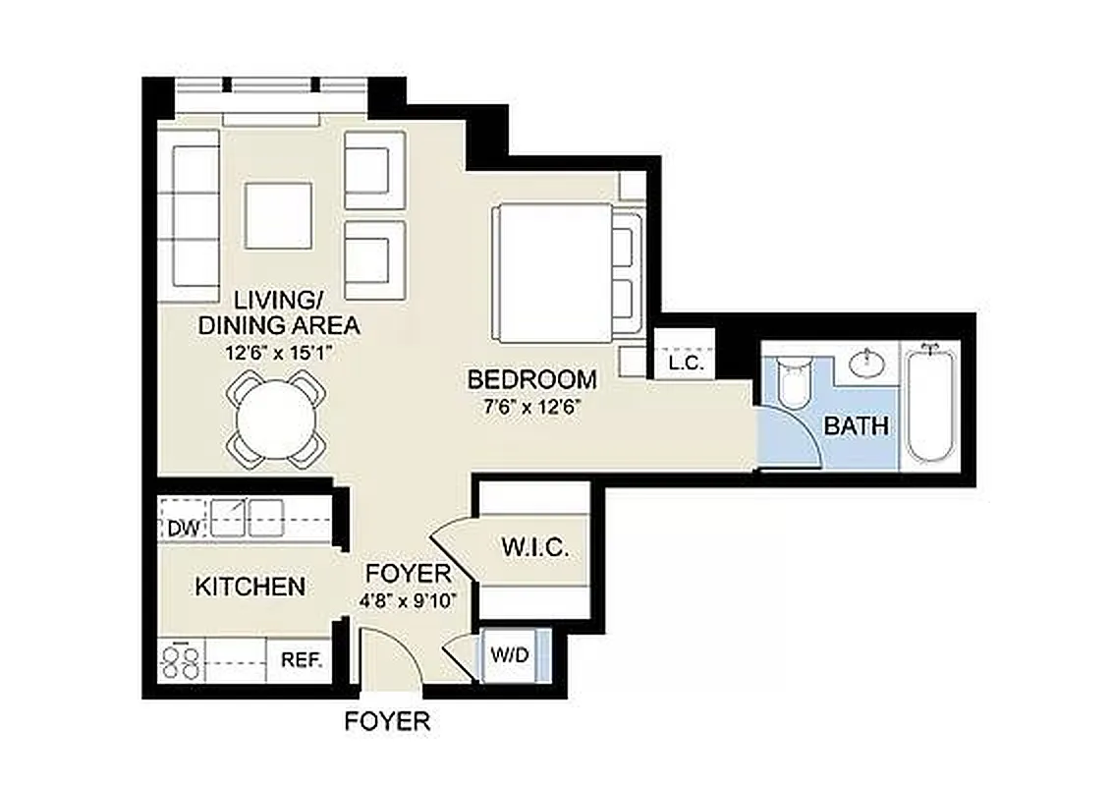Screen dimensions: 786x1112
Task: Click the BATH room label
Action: [x=856, y=426]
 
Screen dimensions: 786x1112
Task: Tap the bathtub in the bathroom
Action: [x=931, y=403]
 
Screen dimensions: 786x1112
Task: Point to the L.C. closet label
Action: [x=685, y=362]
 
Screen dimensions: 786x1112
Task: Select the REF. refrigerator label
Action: [x=303, y=660]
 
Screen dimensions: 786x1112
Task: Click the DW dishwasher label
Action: [x=183, y=529]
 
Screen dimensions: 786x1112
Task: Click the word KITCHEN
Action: [x=250, y=588]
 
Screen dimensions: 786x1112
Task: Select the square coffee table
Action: [x=278, y=215]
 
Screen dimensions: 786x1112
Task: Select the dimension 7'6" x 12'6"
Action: [x=531, y=406]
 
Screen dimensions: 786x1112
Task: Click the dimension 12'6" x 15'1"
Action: [x=278, y=350]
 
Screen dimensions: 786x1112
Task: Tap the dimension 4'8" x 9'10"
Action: [x=408, y=599]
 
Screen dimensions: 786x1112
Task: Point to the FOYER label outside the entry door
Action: [x=387, y=721]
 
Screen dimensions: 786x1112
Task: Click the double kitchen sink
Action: [x=249, y=515]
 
